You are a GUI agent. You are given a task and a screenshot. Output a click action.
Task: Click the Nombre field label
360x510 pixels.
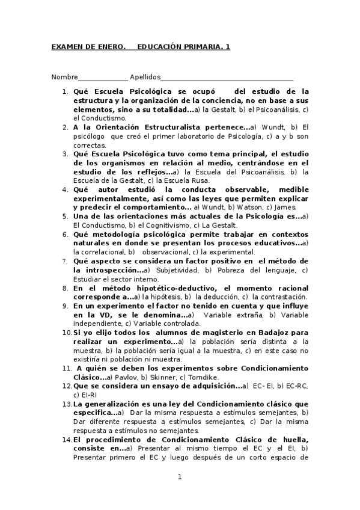(x=65, y=77)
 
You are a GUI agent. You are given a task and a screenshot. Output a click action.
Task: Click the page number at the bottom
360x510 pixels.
(x=179, y=478)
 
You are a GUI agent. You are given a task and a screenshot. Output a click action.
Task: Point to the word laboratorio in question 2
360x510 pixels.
(x=204, y=136)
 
